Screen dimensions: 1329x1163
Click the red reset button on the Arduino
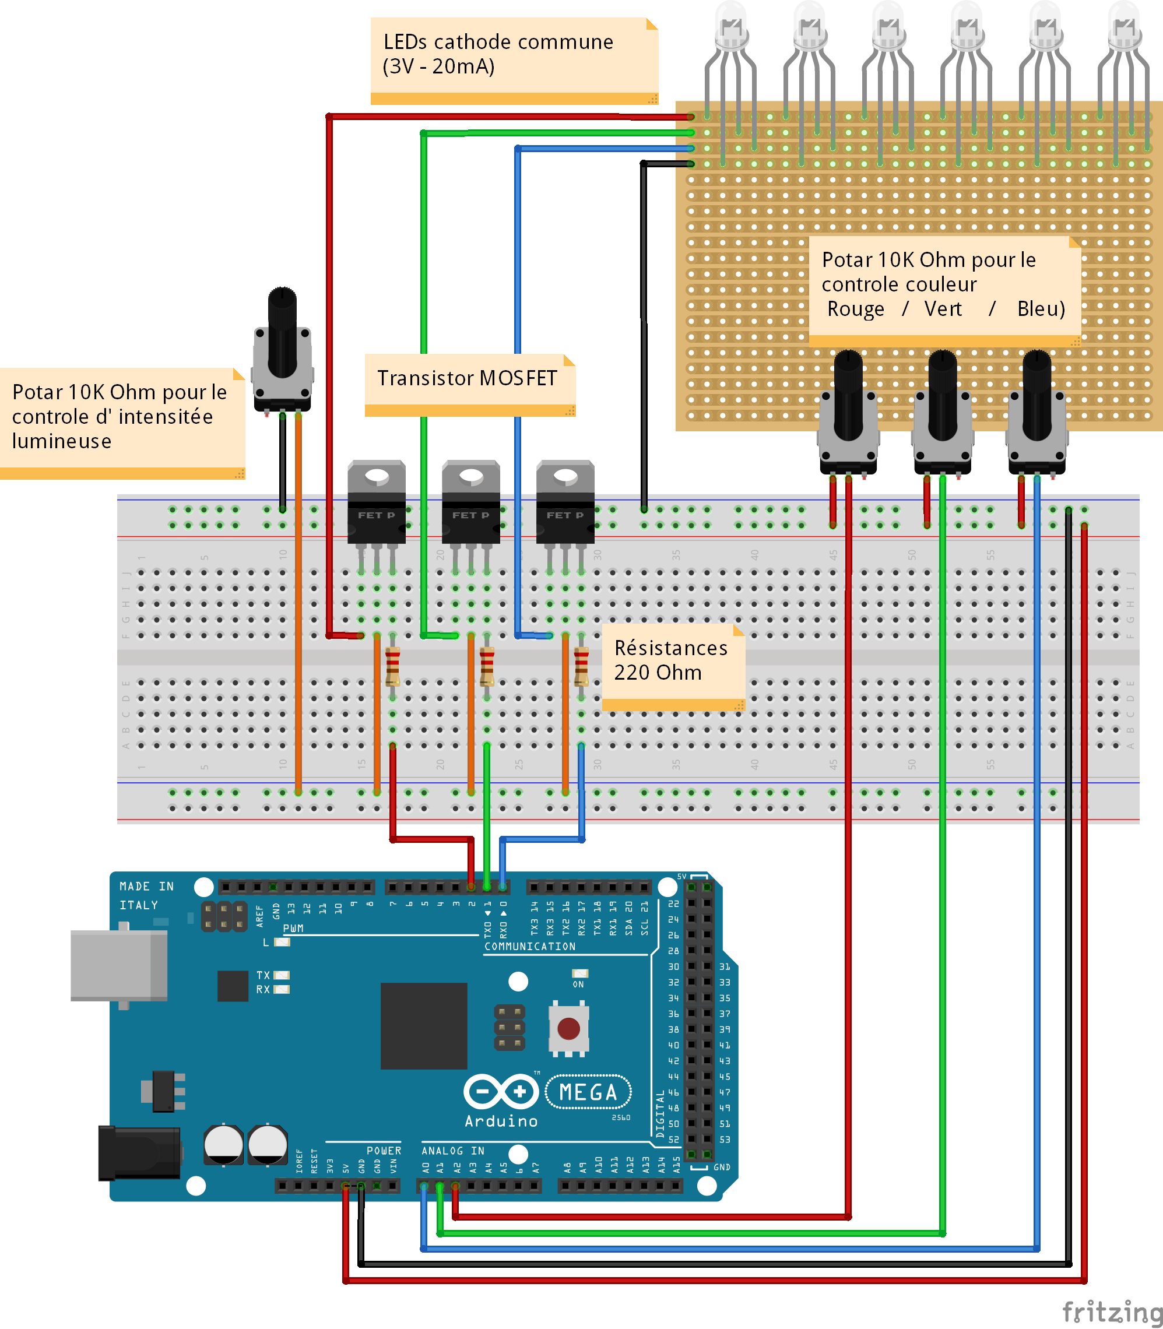[568, 1028]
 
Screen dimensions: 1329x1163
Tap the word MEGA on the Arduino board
[588, 1093]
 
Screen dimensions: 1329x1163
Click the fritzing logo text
[1112, 1312]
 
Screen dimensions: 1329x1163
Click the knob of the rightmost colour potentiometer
[1036, 396]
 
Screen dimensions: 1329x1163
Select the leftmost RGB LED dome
[732, 26]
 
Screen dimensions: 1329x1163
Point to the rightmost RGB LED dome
[1125, 26]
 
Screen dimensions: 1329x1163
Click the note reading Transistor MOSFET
[468, 378]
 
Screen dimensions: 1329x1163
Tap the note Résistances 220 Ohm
[671, 660]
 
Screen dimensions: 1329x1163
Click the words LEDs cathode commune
[498, 42]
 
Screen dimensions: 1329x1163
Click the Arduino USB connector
[119, 965]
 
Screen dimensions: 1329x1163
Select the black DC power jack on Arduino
[139, 1153]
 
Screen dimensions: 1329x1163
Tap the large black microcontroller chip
[423, 1025]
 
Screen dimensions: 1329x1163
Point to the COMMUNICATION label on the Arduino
[529, 946]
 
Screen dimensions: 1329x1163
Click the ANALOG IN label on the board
[453, 1151]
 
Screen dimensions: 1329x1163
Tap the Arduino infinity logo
[501, 1092]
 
